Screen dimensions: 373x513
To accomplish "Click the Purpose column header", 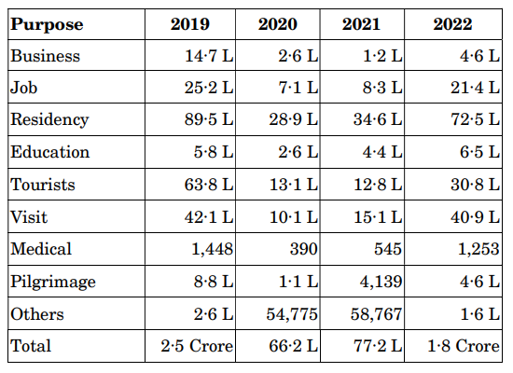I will point(47,24).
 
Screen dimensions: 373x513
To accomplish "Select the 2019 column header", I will point(190,24).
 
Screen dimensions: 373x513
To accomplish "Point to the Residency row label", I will point(49,120).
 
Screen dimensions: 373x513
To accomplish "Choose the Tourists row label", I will point(44,185).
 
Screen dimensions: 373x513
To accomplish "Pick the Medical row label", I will point(41,249).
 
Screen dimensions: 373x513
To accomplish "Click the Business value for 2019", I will point(207,56).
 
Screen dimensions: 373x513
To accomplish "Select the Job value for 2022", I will point(472,89).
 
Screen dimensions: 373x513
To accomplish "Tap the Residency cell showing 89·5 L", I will point(207,120).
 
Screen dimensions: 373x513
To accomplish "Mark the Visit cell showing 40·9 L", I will point(472,217).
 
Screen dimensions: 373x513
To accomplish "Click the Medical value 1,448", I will point(211,249).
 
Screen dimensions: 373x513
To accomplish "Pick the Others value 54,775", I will point(294,314).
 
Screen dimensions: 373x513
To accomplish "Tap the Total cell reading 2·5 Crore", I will point(197,347).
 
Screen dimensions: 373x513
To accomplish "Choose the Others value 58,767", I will point(380,314).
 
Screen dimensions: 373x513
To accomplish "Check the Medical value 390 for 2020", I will point(304,249).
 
